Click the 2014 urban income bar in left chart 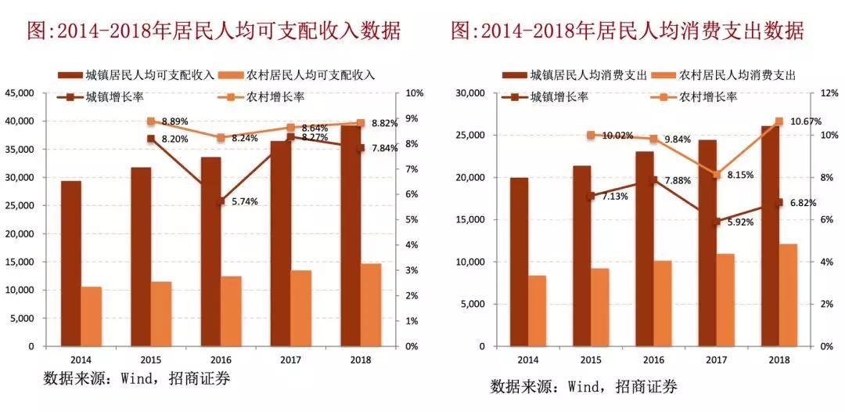pos(71,263)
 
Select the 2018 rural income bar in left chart pos(371,305)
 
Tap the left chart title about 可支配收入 pos(213,31)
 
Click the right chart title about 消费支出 pos(626,31)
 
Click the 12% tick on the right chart pos(828,93)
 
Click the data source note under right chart pos(583,386)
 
